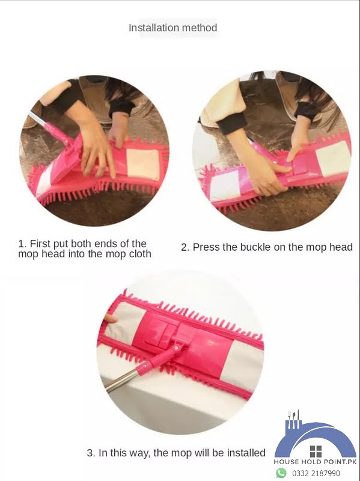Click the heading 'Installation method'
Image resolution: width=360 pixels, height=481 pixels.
[172, 28]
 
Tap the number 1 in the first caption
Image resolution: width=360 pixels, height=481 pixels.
[22, 244]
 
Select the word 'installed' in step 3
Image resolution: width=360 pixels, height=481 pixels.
[245, 453]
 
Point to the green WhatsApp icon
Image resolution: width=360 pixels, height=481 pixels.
[281, 473]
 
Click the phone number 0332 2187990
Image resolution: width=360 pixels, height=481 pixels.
[316, 473]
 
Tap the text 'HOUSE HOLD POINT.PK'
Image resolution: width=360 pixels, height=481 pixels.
[316, 462]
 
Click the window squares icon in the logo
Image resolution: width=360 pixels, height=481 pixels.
[316, 451]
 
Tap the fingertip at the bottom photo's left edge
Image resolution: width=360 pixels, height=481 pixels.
[110, 317]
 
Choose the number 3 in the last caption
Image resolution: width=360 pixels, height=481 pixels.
[90, 453]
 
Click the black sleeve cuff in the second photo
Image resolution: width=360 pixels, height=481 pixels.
[231, 123]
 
